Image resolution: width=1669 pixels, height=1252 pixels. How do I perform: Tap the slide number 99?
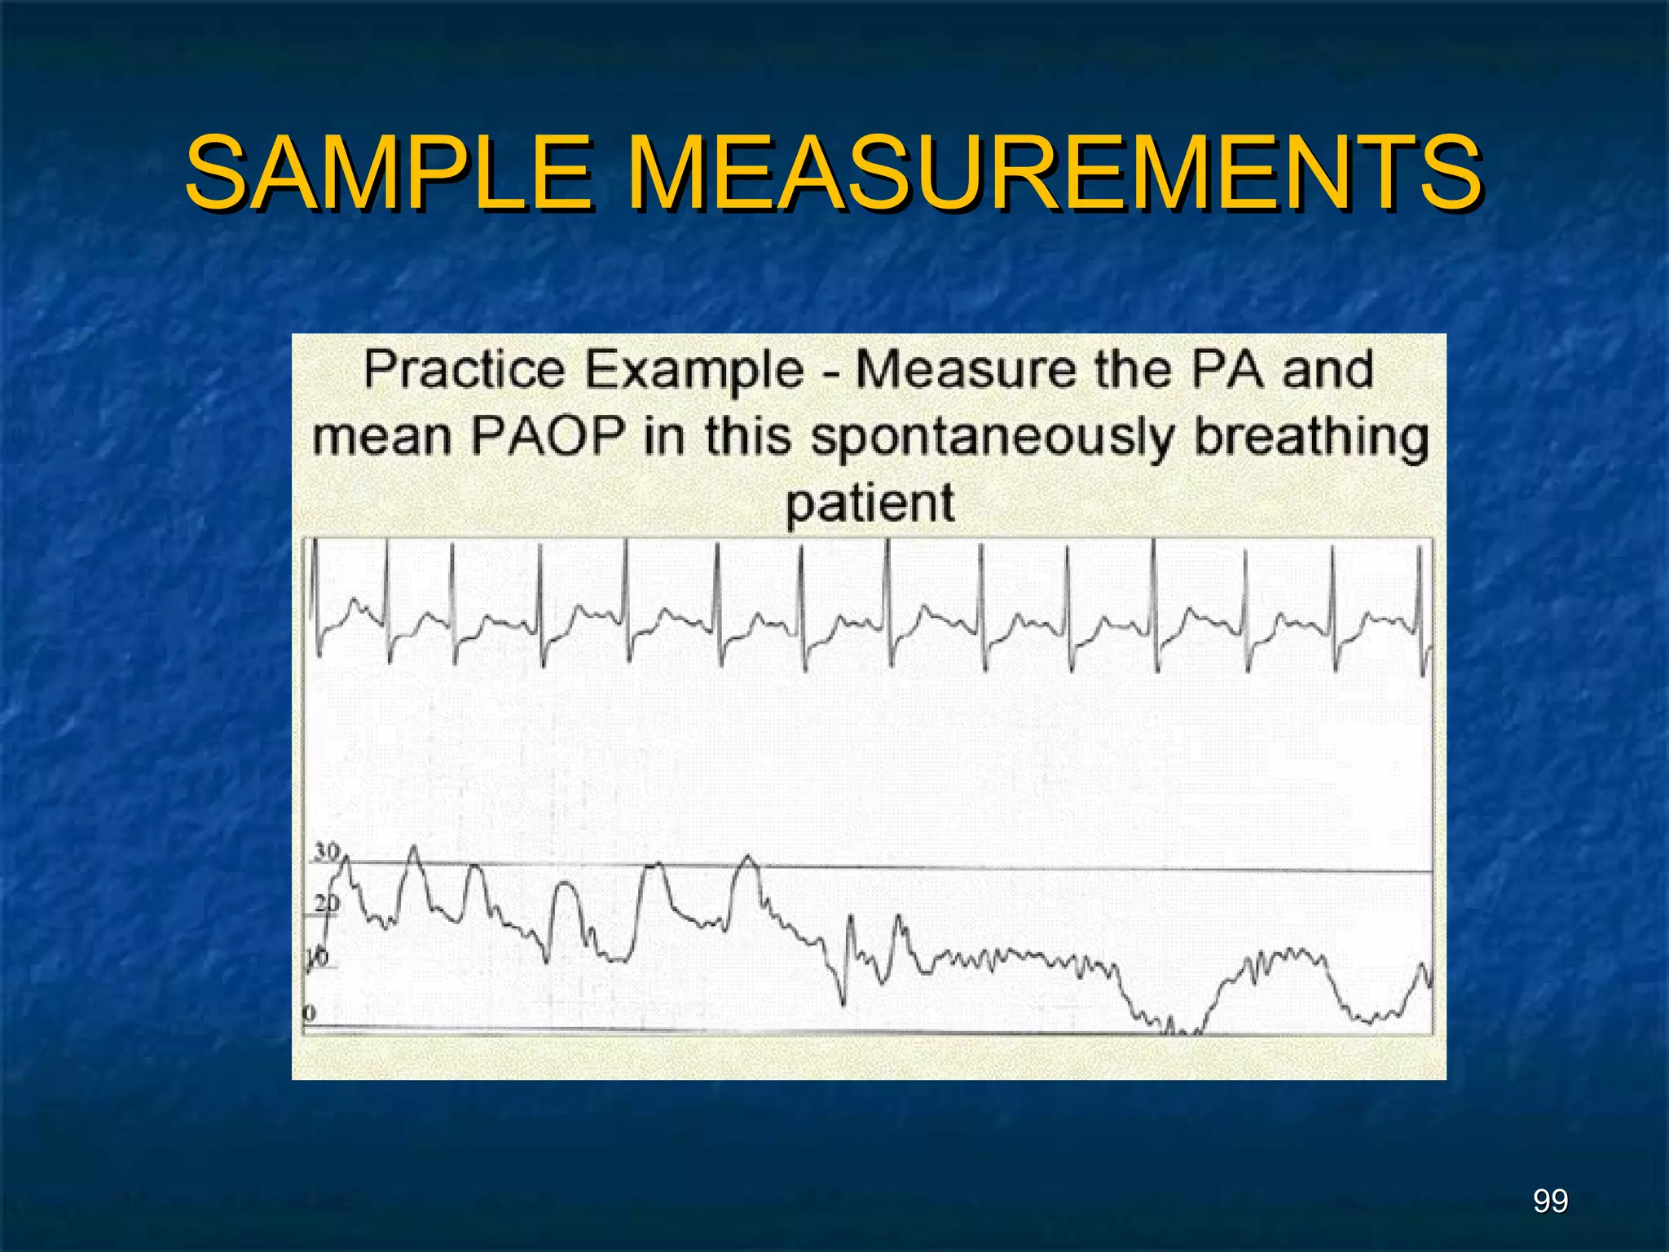click(x=1550, y=1201)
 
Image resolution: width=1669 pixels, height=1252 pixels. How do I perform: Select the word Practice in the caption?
click(x=464, y=370)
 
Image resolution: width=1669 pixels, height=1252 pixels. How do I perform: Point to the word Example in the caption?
click(x=695, y=372)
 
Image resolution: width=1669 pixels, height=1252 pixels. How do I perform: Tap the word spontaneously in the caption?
click(x=992, y=439)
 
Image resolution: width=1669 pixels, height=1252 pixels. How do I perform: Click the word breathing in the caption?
click(x=1311, y=437)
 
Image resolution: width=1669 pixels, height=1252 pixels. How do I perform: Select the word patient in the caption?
click(x=870, y=503)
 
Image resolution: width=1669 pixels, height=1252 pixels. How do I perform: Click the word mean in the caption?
click(x=381, y=437)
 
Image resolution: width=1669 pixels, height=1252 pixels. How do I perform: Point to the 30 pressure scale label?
click(x=327, y=852)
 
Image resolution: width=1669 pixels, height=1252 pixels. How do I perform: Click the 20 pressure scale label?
click(x=327, y=903)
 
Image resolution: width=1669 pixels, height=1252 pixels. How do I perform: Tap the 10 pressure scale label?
click(x=318, y=958)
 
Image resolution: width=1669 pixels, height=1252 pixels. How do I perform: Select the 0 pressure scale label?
click(x=309, y=1013)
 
